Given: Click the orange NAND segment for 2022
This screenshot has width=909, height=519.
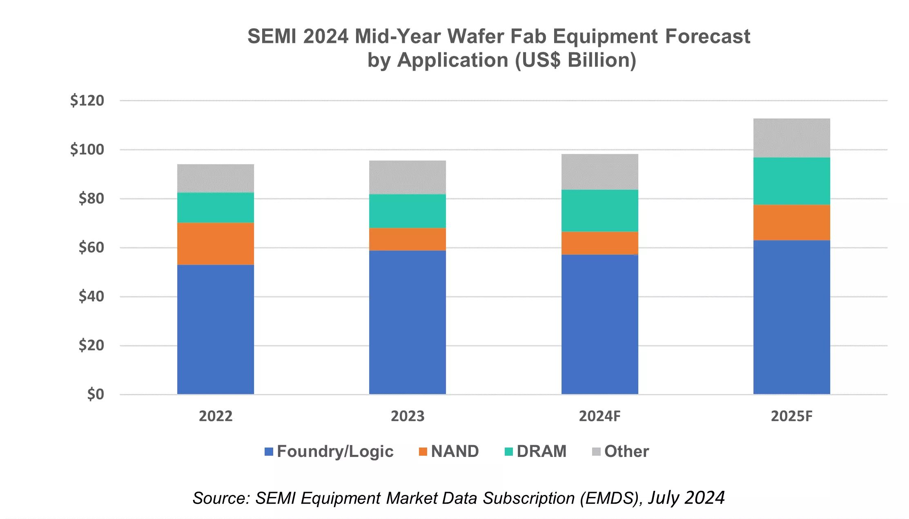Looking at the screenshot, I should pyautogui.click(x=215, y=244).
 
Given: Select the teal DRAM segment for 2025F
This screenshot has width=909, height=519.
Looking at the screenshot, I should pyautogui.click(x=791, y=181).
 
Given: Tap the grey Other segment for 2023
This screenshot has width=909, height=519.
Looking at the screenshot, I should pyautogui.click(x=407, y=177).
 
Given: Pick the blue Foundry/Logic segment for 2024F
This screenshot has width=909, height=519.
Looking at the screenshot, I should pyautogui.click(x=599, y=324).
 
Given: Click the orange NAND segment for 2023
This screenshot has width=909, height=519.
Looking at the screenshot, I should pyautogui.click(x=407, y=239).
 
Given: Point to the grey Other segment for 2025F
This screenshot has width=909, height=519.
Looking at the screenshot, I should pyautogui.click(x=791, y=138).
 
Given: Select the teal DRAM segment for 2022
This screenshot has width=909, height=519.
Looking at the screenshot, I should pyautogui.click(x=215, y=207).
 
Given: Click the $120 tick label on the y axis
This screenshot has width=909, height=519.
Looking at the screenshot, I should pyautogui.click(x=87, y=100).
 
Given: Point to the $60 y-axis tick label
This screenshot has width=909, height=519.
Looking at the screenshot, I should pyautogui.click(x=91, y=247).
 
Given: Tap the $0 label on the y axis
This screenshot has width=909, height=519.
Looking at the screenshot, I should pyautogui.click(x=96, y=394).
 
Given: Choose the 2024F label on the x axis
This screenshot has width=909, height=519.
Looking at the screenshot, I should pyautogui.click(x=599, y=416).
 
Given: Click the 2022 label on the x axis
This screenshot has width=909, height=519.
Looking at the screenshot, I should pyautogui.click(x=215, y=416).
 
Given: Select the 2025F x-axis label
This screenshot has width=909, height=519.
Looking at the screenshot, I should pyautogui.click(x=791, y=416).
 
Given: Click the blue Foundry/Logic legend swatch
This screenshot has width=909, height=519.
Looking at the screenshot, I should pyautogui.click(x=269, y=452).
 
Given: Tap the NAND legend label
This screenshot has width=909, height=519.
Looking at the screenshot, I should pyautogui.click(x=455, y=451).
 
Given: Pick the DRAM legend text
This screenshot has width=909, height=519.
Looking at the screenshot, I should pyautogui.click(x=541, y=451).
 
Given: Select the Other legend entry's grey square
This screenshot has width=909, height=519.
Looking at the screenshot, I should pyautogui.click(x=596, y=452).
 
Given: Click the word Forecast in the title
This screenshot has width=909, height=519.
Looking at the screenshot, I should pyautogui.click(x=708, y=36).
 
